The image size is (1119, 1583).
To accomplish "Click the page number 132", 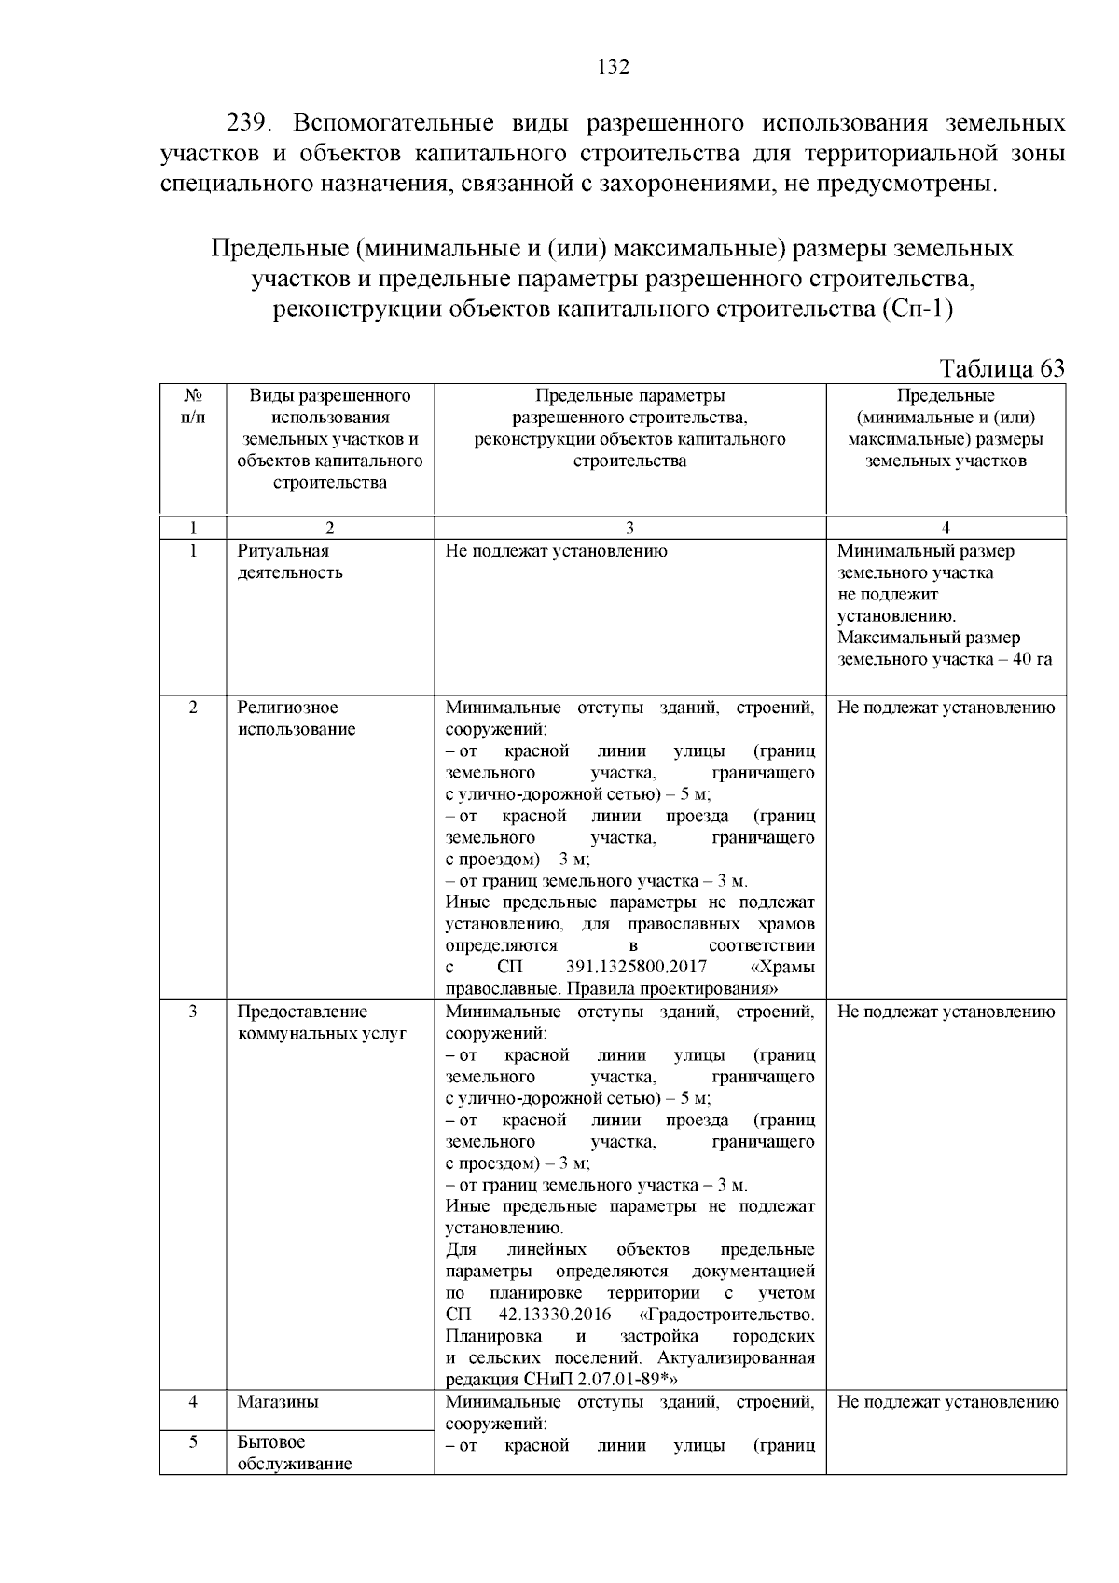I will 613,67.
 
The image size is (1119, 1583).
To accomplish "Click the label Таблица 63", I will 1002,368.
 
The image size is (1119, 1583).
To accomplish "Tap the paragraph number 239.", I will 250,123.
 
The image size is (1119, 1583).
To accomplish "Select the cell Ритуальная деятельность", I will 289,562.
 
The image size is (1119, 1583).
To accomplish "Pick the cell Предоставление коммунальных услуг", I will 321,1023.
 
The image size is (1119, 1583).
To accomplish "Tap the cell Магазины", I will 277,1402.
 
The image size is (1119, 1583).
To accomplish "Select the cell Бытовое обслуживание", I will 294,1452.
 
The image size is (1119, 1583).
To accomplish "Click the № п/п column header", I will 192,406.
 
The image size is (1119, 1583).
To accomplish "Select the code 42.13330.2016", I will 555,1315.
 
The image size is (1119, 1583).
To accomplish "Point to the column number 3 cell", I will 629,528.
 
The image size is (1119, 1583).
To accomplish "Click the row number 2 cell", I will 192,708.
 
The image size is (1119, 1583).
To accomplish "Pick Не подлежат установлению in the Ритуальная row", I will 556,551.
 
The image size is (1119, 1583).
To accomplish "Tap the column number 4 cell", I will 946,528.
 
